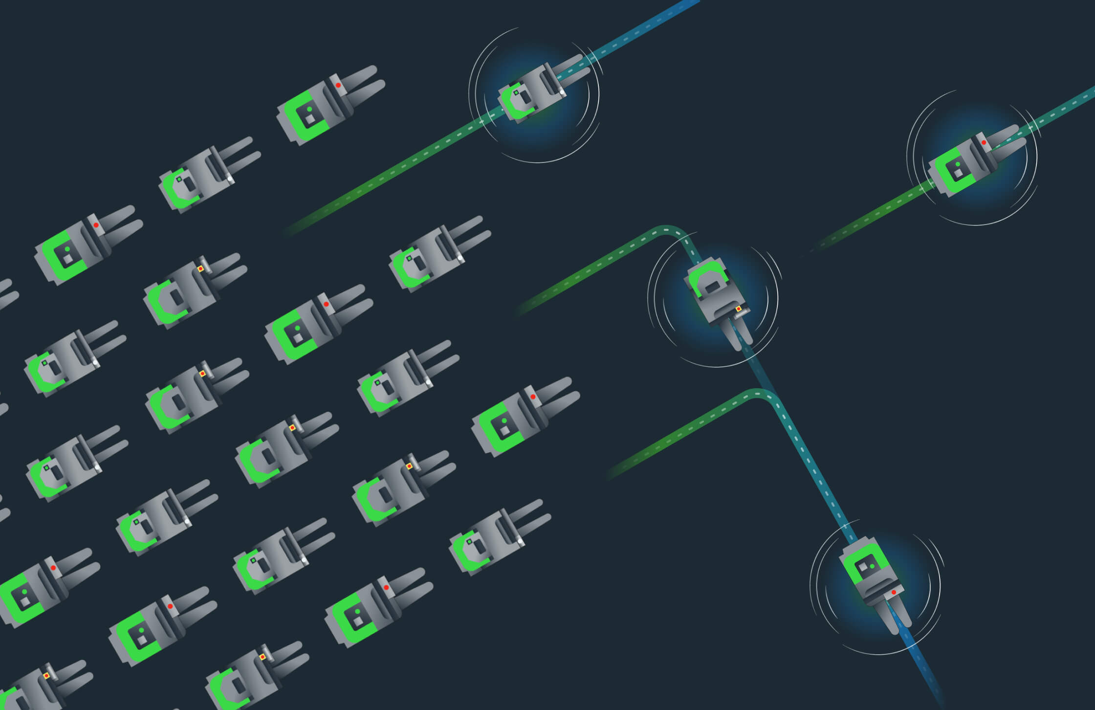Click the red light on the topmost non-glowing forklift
tap(338, 85)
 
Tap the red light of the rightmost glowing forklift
tap(984, 142)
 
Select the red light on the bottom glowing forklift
tap(894, 592)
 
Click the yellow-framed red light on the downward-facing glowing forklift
tap(738, 309)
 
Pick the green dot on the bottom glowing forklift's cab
tap(872, 566)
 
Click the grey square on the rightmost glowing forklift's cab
tap(959, 173)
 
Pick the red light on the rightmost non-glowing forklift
tap(533, 397)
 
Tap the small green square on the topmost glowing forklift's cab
tap(516, 92)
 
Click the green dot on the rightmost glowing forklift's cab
tap(957, 164)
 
